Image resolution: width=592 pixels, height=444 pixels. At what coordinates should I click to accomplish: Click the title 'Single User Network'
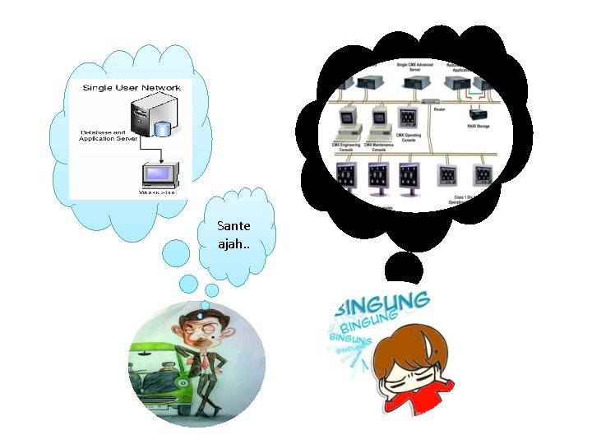(132, 87)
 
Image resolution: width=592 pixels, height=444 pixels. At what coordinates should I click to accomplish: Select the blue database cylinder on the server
(163, 129)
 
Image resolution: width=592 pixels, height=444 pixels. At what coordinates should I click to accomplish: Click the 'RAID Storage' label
(478, 127)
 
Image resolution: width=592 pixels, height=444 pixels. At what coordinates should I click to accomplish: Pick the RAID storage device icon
(477, 112)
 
